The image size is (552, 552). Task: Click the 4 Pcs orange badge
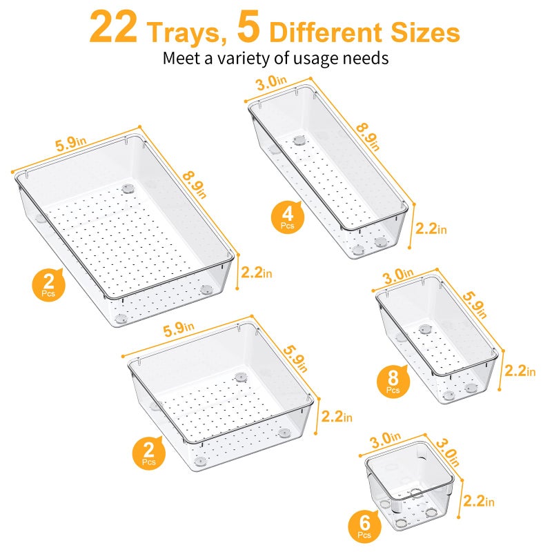[286, 215]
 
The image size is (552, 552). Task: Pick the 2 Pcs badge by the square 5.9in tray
[148, 453]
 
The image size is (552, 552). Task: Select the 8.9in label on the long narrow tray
[369, 134]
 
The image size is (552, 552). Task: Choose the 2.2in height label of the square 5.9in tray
[337, 417]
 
